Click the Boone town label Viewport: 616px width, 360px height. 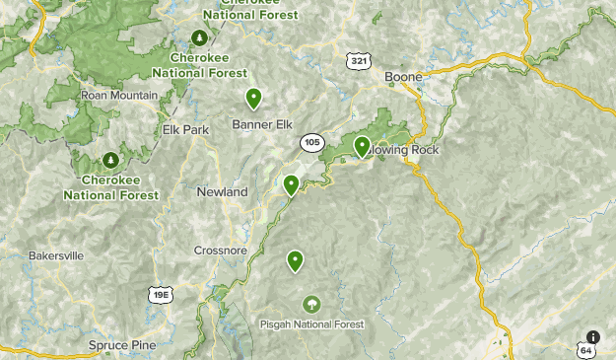403,77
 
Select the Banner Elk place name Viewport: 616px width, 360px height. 263,124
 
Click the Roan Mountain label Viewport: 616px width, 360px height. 119,95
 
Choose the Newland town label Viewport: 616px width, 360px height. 222,192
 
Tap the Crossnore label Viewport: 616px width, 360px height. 219,250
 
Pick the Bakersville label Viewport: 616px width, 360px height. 56,255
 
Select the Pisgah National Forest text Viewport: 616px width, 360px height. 311,324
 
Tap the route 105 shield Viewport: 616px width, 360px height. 312,143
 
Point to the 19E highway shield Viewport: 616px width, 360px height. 161,294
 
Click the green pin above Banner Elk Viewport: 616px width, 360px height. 253,98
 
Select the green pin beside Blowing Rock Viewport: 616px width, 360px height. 362,146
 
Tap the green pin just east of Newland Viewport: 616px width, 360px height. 291,184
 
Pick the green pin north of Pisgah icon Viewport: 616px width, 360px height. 295,260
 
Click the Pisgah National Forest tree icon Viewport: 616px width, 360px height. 311,304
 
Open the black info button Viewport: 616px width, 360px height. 592,336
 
